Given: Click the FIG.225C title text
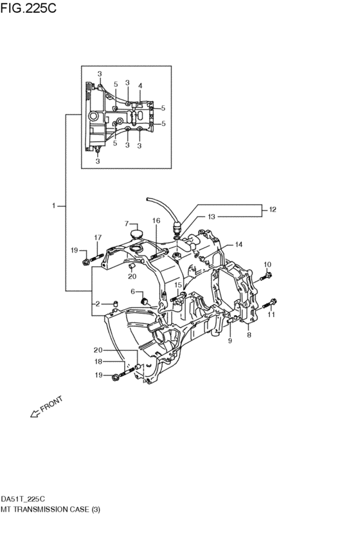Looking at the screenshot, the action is tap(28, 8).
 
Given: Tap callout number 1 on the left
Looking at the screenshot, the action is tap(54, 206).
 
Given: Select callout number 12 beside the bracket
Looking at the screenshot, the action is tap(273, 210).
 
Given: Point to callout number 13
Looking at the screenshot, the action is tap(212, 217).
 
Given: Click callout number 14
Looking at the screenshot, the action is tap(239, 244).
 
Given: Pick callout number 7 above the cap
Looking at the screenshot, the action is tap(127, 223).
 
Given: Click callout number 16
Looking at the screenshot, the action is tap(156, 220).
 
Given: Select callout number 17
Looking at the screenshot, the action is tap(98, 237).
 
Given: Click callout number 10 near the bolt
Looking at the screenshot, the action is tap(267, 264).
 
